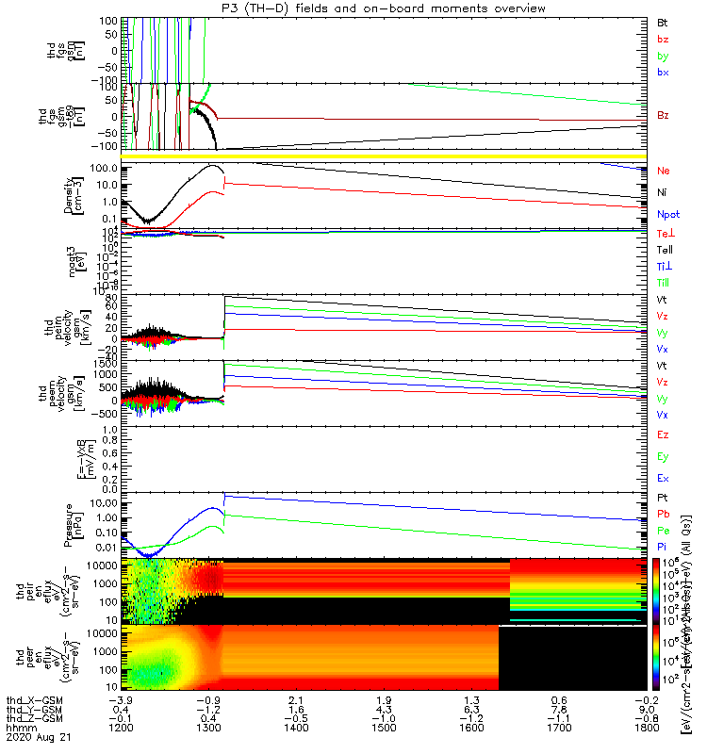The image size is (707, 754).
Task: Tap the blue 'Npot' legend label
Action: (667, 215)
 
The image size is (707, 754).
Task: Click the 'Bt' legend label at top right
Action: (662, 21)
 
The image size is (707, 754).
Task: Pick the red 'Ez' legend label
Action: (662, 434)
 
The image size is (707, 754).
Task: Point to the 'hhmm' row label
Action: (21, 729)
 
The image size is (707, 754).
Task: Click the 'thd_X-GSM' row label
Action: (34, 699)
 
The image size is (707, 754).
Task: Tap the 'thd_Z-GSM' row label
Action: (34, 719)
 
